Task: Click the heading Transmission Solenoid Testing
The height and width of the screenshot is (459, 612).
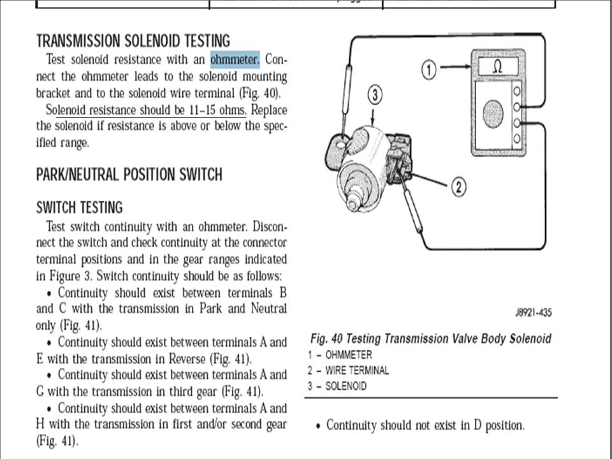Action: (133, 41)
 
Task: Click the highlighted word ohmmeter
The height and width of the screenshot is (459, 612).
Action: (235, 60)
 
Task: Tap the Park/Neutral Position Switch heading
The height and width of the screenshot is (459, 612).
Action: (129, 175)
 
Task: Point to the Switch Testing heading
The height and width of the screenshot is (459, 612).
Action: (79, 208)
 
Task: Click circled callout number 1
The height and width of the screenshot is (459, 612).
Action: (430, 69)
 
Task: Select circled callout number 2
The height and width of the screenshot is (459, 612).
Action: (460, 187)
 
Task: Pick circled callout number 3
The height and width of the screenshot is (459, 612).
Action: (375, 96)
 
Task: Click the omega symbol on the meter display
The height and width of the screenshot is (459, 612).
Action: (498, 67)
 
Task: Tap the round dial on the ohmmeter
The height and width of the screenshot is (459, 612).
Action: (493, 113)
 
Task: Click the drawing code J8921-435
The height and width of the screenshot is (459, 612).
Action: (533, 312)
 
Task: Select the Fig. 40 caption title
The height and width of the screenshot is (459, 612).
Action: (430, 339)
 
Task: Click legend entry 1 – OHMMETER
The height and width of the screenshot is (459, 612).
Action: (339, 355)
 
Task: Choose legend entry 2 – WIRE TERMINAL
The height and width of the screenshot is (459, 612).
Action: (347, 370)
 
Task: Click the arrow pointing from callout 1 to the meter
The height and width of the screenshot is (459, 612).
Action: (454, 67)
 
